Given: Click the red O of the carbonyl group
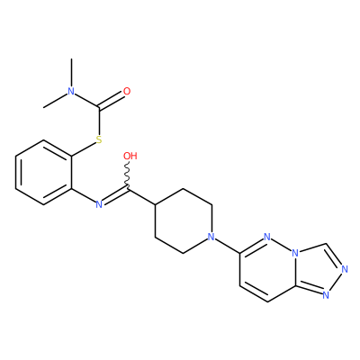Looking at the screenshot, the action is point(127,91).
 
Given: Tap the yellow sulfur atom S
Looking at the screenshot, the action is point(99,139).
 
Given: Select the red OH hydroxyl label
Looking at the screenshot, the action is point(130,156).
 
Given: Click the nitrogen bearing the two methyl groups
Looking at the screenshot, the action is point(71,91).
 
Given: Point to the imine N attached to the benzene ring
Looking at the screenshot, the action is point(99,205).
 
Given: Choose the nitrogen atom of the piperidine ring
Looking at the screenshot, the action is point(211,238).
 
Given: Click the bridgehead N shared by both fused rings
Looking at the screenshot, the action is point(296,254).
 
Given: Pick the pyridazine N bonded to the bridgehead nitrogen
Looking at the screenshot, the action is point(267,238).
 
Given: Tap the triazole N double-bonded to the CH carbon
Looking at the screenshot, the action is point(345,269).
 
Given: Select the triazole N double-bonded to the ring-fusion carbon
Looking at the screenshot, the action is point(326,295).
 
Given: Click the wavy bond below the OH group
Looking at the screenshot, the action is point(128,175).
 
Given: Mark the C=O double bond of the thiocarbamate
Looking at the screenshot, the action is point(111,100).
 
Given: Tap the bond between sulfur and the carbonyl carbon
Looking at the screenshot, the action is point(99,121).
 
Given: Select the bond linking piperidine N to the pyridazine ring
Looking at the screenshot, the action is point(228,245).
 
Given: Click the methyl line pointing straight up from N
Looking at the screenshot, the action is point(71,73).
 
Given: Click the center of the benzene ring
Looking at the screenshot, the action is point(43,173).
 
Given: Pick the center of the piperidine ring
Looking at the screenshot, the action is point(184,221).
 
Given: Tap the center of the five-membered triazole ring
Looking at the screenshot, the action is point(318,269).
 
